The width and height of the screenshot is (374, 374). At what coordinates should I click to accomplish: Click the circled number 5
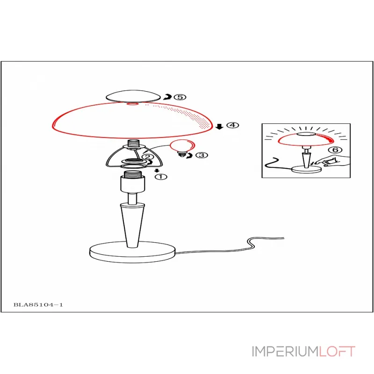(x=180, y=97)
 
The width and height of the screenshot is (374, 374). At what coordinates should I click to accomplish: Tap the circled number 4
(x=232, y=125)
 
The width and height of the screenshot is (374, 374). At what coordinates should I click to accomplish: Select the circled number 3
(x=202, y=155)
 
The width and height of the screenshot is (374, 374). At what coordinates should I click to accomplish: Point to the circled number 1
(x=161, y=177)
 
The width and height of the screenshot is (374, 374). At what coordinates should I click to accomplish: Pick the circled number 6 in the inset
(x=335, y=150)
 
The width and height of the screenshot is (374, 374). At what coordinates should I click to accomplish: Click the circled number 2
(x=148, y=157)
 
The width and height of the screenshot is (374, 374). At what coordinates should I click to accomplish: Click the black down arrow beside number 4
(x=219, y=126)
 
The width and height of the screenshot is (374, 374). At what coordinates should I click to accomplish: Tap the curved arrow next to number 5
(x=168, y=97)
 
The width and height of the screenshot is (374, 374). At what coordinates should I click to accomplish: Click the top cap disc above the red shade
(x=133, y=96)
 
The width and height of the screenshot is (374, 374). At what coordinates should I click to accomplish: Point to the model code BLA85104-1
(x=38, y=305)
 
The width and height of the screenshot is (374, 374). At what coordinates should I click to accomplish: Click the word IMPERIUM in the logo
(x=285, y=352)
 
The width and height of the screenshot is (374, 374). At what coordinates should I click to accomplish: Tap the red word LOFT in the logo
(x=337, y=352)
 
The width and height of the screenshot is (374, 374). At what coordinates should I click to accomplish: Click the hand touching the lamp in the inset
(x=333, y=161)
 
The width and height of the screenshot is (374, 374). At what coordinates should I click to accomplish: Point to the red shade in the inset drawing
(x=306, y=140)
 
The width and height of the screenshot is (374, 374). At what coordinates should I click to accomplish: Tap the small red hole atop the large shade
(x=132, y=104)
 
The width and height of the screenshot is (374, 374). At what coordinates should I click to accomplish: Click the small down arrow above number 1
(x=157, y=171)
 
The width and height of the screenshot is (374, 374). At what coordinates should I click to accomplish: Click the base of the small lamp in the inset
(x=307, y=170)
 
